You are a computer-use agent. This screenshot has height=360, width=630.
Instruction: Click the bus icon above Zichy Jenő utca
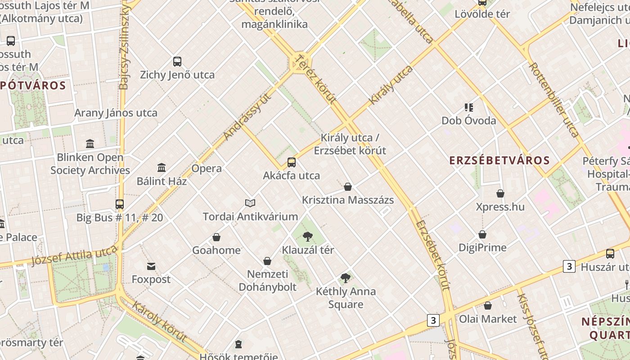177,61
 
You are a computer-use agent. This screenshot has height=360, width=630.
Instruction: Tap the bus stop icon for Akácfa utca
292,162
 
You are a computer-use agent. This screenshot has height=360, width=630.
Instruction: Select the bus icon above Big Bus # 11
119,204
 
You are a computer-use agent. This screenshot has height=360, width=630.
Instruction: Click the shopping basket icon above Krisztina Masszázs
348,187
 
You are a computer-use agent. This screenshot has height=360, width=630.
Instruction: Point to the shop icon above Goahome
216,237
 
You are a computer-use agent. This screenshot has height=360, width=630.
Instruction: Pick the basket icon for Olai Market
488,306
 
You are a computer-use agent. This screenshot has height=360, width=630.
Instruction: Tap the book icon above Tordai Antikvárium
250,203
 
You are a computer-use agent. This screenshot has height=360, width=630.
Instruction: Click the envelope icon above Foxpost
151,266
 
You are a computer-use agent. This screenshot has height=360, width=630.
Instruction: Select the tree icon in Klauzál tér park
308,237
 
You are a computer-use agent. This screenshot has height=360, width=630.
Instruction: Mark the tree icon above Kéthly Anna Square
346,278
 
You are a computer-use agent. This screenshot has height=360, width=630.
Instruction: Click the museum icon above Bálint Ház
162,168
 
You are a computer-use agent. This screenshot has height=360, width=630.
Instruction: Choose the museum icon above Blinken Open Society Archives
90,144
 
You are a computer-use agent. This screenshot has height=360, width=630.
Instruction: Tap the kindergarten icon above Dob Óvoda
469,108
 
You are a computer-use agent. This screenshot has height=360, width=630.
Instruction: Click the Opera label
207,169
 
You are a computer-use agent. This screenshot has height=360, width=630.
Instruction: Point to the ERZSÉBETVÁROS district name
499,161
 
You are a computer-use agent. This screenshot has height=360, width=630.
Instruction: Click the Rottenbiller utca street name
553,99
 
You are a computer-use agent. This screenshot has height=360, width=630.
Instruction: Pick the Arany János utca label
116,113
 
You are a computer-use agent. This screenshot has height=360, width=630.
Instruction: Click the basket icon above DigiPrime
482,234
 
